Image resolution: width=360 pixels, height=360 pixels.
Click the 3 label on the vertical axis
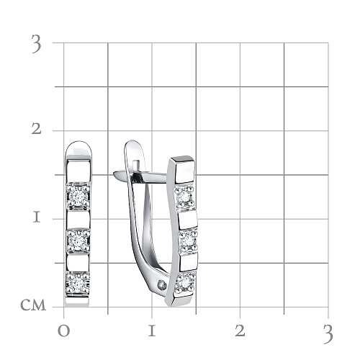tap(37, 44)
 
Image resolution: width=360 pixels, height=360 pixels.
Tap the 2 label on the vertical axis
tap(37, 130)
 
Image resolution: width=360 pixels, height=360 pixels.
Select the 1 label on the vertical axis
tap(37, 217)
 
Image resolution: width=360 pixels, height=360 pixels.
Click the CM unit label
tap(33, 305)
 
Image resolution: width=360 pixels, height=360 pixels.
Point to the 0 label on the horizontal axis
tap(64, 331)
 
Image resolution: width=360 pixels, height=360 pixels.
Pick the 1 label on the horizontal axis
tap(152, 331)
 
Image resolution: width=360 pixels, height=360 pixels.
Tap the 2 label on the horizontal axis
tap(240, 331)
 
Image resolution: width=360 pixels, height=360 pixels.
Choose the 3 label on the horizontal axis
tap(328, 334)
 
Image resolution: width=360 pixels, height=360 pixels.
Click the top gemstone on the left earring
tap(78, 196)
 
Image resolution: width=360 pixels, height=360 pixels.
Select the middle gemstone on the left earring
tap(78, 240)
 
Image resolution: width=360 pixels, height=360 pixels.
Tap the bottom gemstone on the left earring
tap(78, 283)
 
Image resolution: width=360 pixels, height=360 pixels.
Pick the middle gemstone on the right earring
tap(189, 240)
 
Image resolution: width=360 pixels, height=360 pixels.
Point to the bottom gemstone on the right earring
tap(186, 282)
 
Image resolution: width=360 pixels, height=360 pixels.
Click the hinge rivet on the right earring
tap(162, 286)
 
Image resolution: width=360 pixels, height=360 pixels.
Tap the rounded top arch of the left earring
tap(78, 145)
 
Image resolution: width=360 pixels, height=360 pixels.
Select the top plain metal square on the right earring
tap(184, 171)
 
